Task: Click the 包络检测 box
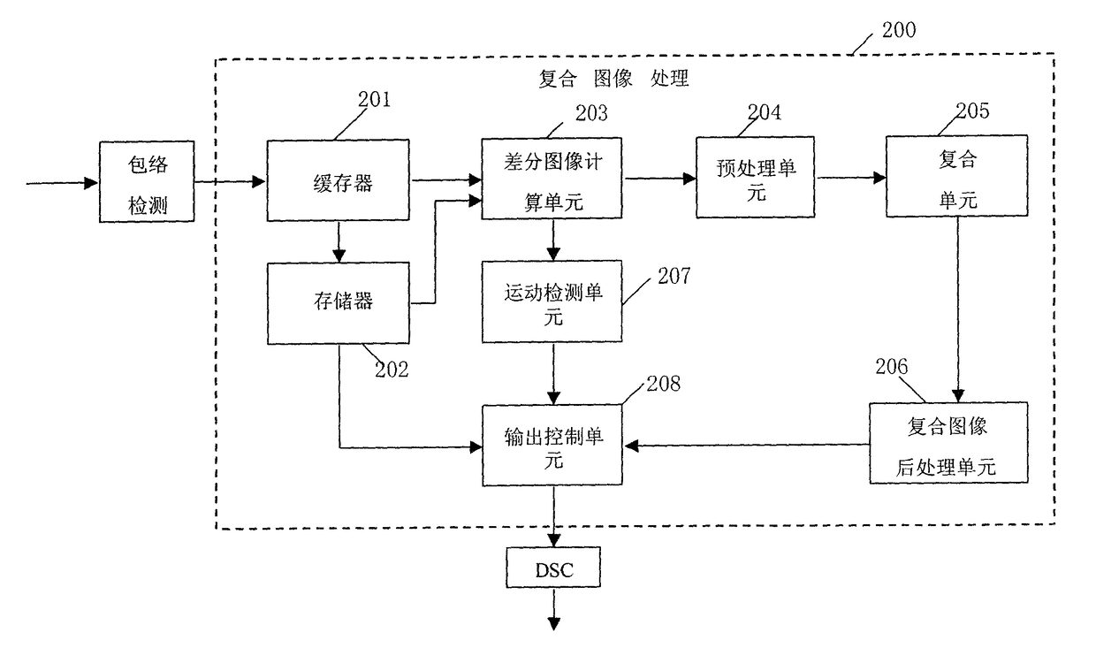point(147,181)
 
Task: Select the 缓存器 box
point(339,180)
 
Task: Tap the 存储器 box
point(339,303)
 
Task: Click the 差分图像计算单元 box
point(552,179)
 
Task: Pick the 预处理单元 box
point(756,177)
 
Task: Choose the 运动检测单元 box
point(552,301)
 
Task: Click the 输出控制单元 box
point(552,445)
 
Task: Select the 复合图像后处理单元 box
point(948,443)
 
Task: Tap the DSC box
point(553,568)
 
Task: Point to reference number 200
point(899,30)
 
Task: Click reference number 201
point(374,100)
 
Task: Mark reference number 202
point(392,370)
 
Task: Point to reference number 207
point(674,276)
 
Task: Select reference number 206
point(892,367)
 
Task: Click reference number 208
point(664,384)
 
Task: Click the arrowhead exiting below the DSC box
point(554,624)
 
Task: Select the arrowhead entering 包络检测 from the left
point(91,183)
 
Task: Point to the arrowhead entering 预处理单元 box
point(689,179)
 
